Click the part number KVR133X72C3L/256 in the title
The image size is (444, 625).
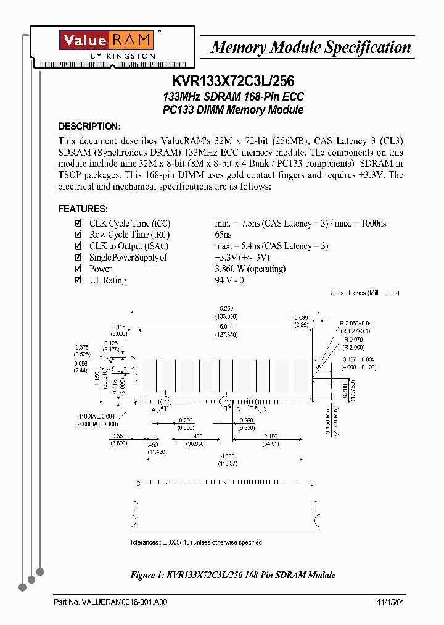pos(232,82)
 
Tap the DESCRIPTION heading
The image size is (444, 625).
pos(89,127)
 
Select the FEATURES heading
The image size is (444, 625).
pos(83,209)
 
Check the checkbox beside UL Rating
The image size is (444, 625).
pos(78,280)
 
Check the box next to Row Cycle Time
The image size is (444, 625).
pos(78,235)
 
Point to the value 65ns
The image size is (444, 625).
pos(223,235)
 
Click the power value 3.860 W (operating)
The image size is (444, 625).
pos(250,269)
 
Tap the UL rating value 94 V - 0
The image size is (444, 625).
pos(229,280)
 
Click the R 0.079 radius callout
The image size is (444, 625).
pos(354,339)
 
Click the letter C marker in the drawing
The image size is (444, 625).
pos(264,409)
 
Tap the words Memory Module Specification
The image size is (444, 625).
pos(311,48)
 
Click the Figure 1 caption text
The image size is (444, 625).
pos(232,575)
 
